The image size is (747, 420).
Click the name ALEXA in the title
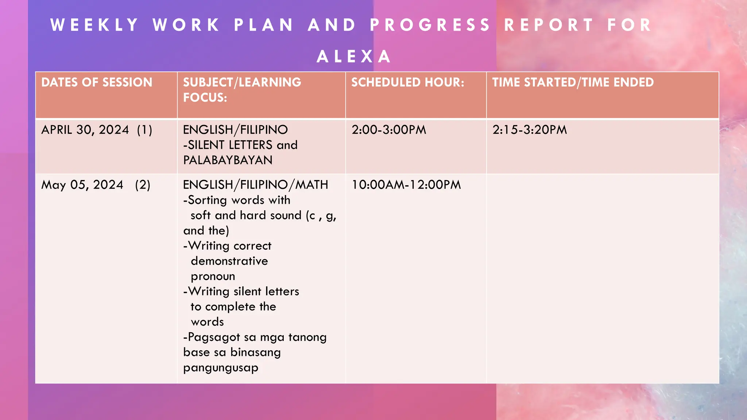pyautogui.click(x=354, y=57)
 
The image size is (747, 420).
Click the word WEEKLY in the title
pyautogui.click(x=95, y=25)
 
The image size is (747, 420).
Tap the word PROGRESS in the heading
pyautogui.click(x=430, y=25)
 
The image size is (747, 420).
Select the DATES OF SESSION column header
pyautogui.click(x=97, y=82)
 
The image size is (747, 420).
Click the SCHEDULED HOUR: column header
pyautogui.click(x=408, y=82)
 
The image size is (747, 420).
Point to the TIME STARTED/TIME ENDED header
pyautogui.click(x=573, y=82)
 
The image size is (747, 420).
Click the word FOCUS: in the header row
pyautogui.click(x=205, y=98)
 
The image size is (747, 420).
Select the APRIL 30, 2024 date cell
pyautogui.click(x=85, y=130)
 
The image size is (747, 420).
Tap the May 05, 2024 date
pyautogui.click(x=82, y=185)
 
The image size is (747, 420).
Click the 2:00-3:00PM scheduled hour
pyautogui.click(x=389, y=130)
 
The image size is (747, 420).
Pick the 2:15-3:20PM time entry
pyautogui.click(x=530, y=130)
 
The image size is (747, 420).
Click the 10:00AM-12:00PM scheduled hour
pyautogui.click(x=406, y=185)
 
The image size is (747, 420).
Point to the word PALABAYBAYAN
pyautogui.click(x=228, y=160)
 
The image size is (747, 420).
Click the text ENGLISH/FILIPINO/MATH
pyautogui.click(x=255, y=185)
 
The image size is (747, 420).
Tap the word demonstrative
pyautogui.click(x=229, y=261)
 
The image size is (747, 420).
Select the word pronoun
pyautogui.click(x=213, y=276)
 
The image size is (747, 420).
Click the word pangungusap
pyautogui.click(x=221, y=367)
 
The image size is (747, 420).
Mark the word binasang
pyautogui.click(x=256, y=353)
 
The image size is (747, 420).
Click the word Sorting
pyautogui.click(x=208, y=200)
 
